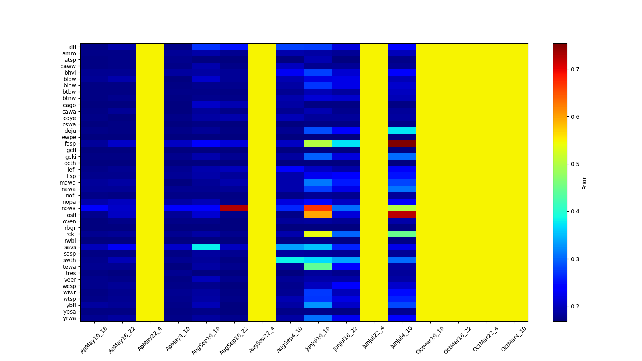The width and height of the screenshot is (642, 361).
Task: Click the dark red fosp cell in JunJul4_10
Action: pyautogui.click(x=402, y=144)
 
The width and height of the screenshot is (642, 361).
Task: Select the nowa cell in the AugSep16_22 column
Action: pyautogui.click(x=234, y=208)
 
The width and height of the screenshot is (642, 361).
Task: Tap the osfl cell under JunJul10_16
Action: pyautogui.click(x=318, y=215)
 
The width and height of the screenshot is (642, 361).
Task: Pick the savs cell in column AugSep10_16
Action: pyautogui.click(x=206, y=247)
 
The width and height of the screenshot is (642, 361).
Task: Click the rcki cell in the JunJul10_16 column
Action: pyautogui.click(x=318, y=234)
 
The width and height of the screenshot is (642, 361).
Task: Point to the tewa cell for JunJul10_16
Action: pyautogui.click(x=318, y=266)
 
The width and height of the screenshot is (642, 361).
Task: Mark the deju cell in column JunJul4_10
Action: pyautogui.click(x=402, y=131)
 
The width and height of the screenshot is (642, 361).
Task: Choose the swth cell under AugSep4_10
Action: pyautogui.click(x=290, y=260)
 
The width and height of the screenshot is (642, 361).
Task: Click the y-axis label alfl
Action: pyautogui.click(x=72, y=47)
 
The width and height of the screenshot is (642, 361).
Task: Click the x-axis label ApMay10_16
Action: pyautogui.click(x=94, y=339)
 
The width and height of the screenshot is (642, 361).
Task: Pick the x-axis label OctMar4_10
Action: pyautogui.click(x=514, y=339)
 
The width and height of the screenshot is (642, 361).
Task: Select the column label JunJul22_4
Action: pyautogui.click(x=374, y=339)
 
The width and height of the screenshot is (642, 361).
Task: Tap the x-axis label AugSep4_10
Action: pyautogui.click(x=290, y=339)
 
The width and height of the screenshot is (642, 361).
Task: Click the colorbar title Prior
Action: pyautogui.click(x=584, y=183)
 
